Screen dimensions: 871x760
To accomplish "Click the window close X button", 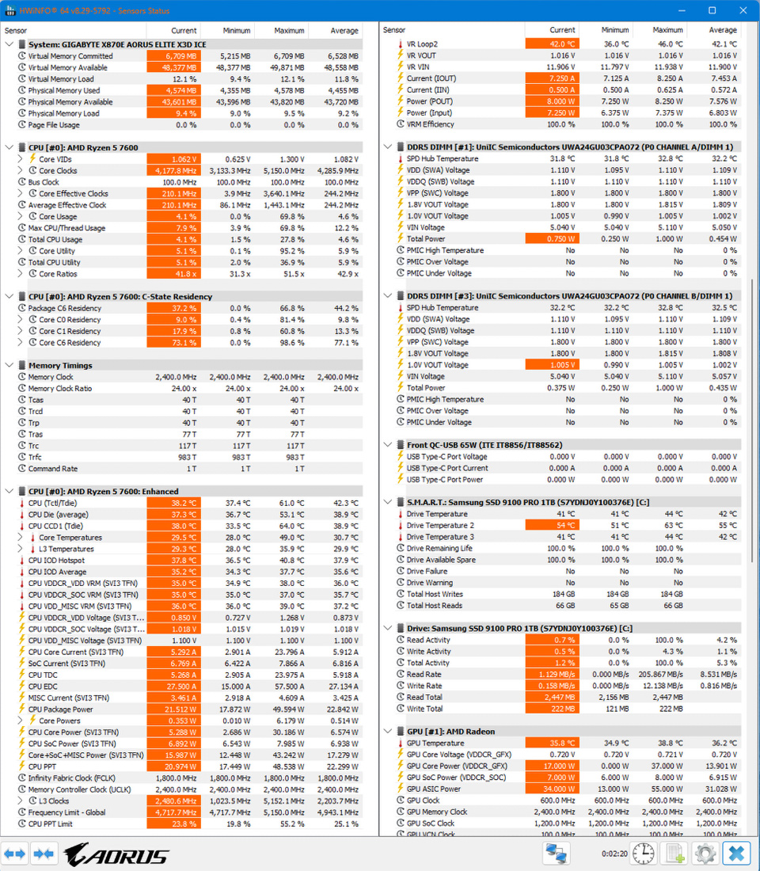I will point(741,10).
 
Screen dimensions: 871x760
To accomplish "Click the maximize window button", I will point(712,10).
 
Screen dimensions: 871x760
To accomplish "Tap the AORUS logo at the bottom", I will point(116,854).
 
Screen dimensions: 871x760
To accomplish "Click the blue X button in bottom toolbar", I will point(736,854).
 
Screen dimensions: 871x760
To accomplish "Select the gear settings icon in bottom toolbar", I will point(704,854).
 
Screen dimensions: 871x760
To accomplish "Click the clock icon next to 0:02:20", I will point(644,854).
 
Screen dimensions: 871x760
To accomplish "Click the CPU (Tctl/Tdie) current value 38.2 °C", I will point(173,503).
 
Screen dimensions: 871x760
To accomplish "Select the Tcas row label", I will point(36,400).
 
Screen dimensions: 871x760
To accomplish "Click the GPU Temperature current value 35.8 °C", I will point(552,744).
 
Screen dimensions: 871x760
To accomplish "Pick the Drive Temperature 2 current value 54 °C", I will point(552,526).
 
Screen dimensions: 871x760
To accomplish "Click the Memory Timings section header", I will point(60,366).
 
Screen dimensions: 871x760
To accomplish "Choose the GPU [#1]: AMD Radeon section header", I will point(450,732).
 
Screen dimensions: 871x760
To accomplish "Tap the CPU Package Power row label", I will point(61,709).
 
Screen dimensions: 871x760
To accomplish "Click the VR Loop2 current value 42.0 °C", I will point(552,44).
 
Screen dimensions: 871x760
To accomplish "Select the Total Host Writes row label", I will point(435,594).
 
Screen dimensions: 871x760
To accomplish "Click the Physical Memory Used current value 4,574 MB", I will point(173,90).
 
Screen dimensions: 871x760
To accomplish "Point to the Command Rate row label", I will point(53,469).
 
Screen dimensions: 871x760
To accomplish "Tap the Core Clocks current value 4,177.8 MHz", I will point(173,171).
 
